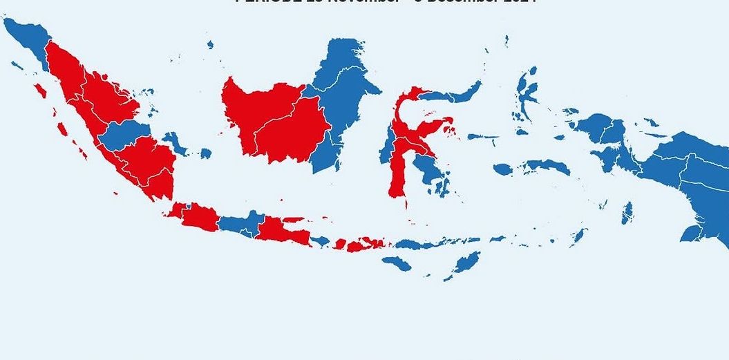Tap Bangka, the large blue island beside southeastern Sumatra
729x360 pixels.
[x=178, y=143]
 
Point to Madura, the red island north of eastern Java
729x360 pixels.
[x=294, y=220]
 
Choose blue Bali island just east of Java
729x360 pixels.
[x=319, y=240]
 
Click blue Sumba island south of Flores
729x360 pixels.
[x=396, y=263]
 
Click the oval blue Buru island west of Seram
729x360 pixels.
[x=502, y=169]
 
